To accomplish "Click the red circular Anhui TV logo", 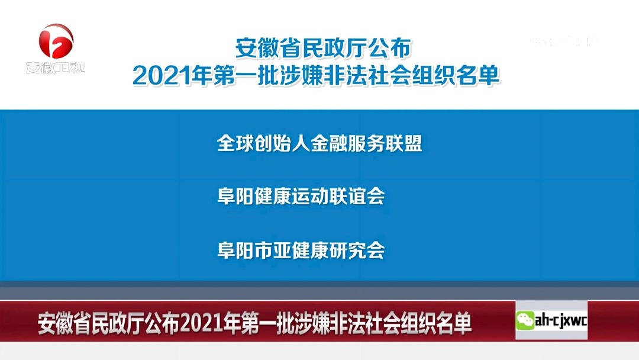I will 56,41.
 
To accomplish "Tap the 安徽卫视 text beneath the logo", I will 56,67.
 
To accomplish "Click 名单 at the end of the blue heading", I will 480,76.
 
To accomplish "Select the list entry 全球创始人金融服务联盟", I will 319,143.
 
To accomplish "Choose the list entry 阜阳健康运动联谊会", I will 301,197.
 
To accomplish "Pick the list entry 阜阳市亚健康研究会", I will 301,250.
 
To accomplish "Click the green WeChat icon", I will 525,322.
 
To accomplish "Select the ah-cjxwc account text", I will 561,322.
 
